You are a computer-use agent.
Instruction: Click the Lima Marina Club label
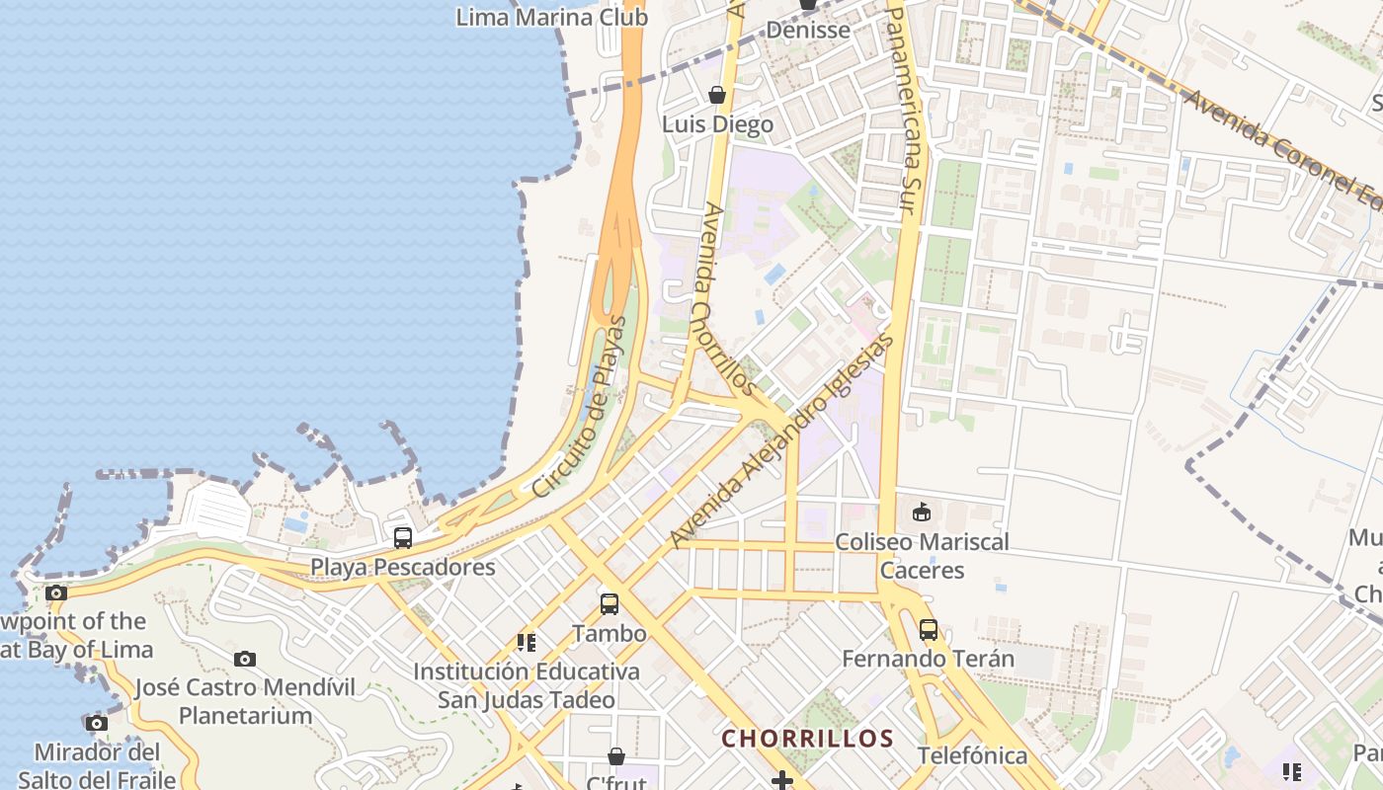click(x=551, y=17)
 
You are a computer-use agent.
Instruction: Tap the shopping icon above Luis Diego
click(x=717, y=95)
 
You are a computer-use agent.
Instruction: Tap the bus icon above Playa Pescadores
click(x=403, y=538)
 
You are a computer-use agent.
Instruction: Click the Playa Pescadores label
click(x=403, y=567)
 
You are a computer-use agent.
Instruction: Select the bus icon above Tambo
click(x=610, y=604)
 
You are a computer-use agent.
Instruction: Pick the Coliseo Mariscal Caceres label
click(x=922, y=556)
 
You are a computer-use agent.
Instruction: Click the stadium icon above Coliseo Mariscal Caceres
click(x=922, y=512)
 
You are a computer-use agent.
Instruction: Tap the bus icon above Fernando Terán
click(x=929, y=629)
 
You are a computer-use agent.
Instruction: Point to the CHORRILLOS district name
click(x=807, y=739)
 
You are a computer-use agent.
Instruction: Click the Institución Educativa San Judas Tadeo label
click(x=527, y=685)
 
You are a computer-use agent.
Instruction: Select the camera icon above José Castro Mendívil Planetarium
click(x=245, y=659)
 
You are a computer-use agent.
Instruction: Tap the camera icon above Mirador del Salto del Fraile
click(x=96, y=723)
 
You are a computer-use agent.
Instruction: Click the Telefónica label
click(x=972, y=755)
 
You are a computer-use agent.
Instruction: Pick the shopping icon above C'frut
click(x=616, y=756)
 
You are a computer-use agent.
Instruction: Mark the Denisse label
click(x=808, y=30)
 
